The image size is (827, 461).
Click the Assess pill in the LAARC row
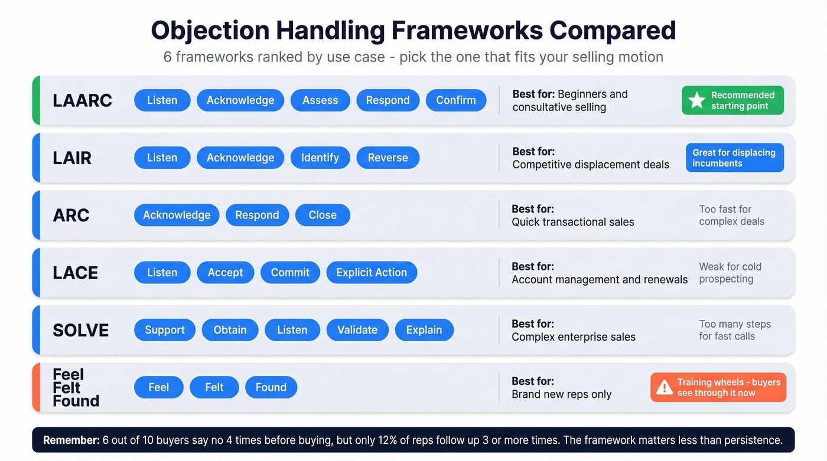pos(320,100)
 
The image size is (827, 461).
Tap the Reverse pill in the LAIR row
pos(388,158)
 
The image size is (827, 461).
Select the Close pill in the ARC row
pos(323,215)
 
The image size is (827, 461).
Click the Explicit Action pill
pos(372,272)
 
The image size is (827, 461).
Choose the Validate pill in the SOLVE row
pos(357,330)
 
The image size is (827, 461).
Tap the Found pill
pos(271,387)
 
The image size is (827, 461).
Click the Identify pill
pos(320,158)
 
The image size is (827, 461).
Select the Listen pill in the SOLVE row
pos(292,330)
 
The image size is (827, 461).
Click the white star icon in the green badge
pos(697,100)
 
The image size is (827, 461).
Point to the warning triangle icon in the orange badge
pos(665,387)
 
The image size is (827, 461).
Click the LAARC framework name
pos(82,100)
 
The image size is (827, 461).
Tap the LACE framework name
pos(76,273)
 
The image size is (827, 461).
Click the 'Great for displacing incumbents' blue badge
pos(734,158)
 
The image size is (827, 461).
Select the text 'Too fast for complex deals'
pos(731,215)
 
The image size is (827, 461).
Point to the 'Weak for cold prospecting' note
pos(730,273)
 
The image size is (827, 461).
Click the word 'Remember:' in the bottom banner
pos(71,440)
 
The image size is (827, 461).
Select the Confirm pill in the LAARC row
pos(456,100)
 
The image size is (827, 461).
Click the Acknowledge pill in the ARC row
pos(177,215)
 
